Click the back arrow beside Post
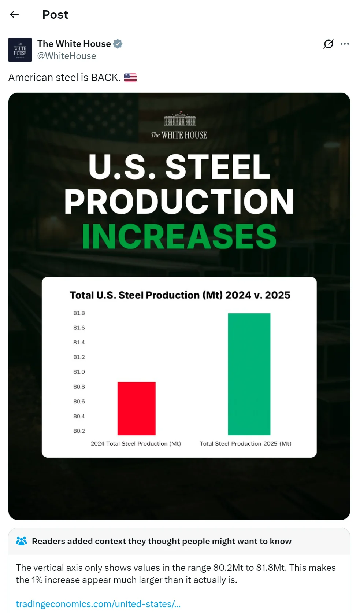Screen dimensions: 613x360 (14, 15)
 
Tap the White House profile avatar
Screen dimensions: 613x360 (20, 50)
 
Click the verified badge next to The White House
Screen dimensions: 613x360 (118, 44)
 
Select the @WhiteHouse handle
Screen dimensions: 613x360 (67, 56)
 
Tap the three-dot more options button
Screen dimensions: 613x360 (345, 44)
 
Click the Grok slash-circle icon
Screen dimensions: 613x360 (329, 44)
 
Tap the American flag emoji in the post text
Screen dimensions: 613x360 (130, 78)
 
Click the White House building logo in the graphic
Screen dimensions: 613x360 (180, 119)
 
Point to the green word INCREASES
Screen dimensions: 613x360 (179, 237)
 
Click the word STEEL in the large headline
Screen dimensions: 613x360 (218, 167)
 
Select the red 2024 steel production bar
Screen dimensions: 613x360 (137, 408)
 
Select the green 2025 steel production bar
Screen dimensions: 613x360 (249, 374)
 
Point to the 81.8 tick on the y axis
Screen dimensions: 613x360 (79, 313)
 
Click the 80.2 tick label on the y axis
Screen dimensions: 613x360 (79, 431)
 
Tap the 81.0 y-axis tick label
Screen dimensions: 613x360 (79, 372)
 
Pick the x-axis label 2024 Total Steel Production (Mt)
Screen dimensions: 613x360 (136, 443)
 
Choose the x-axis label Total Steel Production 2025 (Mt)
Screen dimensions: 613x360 (245, 443)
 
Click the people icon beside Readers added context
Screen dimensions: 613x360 (22, 541)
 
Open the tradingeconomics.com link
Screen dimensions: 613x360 (98, 604)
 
